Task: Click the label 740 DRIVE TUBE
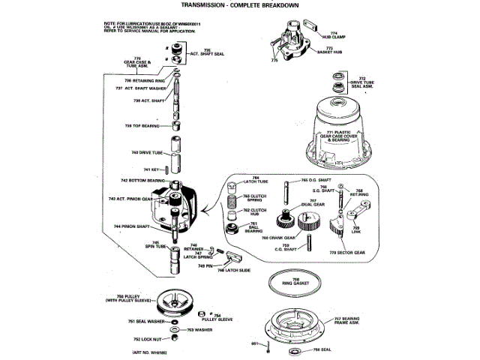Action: tap(146, 152)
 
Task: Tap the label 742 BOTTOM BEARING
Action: tap(143, 181)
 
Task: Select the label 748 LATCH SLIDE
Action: tap(232, 271)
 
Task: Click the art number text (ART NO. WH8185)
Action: tap(148, 352)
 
